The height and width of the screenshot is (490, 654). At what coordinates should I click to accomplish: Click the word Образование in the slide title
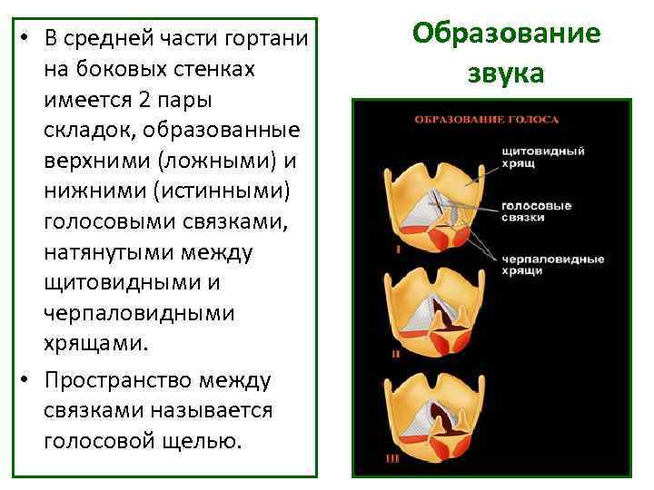(506, 34)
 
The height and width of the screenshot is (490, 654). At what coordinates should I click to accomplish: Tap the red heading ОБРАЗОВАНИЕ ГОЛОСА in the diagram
(487, 119)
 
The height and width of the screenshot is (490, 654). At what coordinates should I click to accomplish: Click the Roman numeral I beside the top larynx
(397, 247)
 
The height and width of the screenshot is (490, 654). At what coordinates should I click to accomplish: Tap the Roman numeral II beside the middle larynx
(396, 354)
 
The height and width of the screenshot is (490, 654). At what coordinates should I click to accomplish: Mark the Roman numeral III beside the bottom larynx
(392, 459)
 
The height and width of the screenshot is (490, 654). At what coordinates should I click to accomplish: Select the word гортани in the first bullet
(267, 40)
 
